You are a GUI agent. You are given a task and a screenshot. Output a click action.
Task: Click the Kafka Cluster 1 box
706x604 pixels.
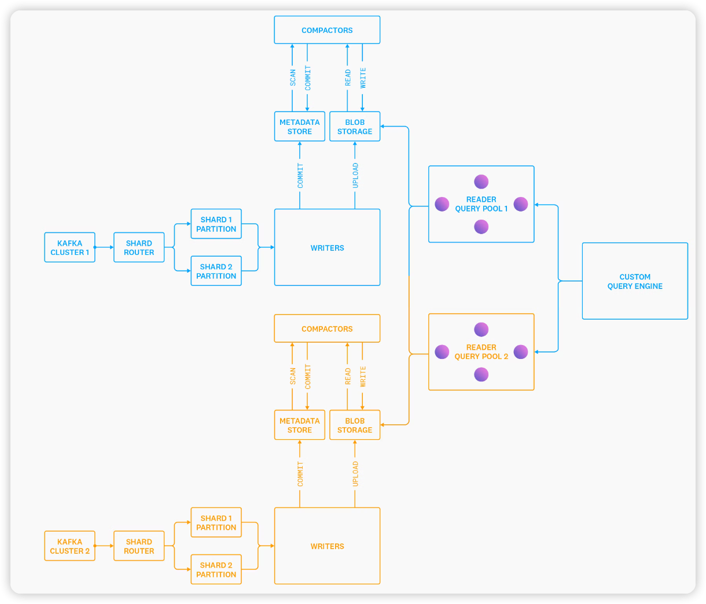(69, 247)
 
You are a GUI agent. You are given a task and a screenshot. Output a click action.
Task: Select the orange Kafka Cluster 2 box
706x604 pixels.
(69, 546)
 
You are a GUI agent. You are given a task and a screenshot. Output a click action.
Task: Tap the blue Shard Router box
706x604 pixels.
(139, 247)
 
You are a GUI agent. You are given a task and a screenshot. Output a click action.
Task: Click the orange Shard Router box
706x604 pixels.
(139, 546)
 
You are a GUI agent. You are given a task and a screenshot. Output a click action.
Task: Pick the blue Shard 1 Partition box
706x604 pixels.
(216, 224)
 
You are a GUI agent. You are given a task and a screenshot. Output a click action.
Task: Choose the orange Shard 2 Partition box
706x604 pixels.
(216, 569)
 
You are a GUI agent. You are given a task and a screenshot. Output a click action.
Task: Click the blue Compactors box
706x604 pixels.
(327, 30)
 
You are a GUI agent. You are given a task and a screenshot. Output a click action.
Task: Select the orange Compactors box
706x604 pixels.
(327, 328)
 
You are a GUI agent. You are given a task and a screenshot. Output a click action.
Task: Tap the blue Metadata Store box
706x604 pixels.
(299, 127)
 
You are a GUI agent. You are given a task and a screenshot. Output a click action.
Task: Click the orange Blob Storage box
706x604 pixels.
(355, 425)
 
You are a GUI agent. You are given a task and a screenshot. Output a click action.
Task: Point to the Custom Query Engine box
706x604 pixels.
(635, 281)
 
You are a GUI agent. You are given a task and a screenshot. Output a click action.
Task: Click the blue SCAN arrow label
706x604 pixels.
(293, 77)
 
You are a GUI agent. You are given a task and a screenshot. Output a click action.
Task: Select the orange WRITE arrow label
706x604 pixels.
(363, 376)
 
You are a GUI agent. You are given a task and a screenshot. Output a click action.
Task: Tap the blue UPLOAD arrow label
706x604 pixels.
(355, 175)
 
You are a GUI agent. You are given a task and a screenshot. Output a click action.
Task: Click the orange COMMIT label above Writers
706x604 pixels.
(300, 474)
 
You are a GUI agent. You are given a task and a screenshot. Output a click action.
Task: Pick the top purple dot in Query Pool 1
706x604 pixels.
(481, 181)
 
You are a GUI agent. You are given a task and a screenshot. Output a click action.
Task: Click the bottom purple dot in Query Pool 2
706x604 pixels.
(481, 375)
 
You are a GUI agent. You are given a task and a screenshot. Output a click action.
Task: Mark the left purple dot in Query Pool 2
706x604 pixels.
(442, 351)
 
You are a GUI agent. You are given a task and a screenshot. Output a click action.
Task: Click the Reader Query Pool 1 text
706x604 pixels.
(481, 204)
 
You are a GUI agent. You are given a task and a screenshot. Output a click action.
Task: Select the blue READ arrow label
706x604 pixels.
(348, 77)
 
